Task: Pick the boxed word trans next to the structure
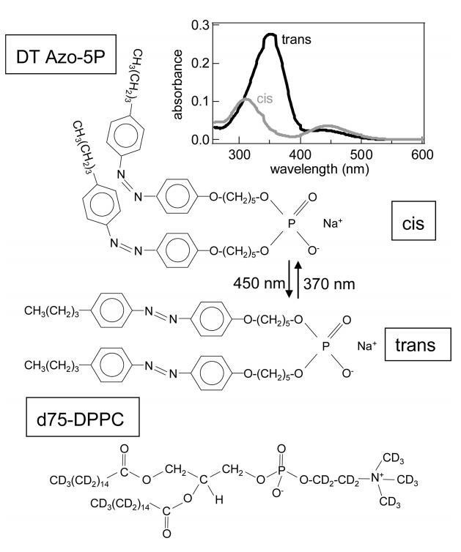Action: [x=414, y=344]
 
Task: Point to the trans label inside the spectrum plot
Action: [x=295, y=39]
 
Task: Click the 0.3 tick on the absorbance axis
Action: [x=198, y=26]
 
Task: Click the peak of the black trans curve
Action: [x=270, y=34]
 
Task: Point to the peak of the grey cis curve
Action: [x=247, y=99]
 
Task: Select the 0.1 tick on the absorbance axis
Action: [x=198, y=100]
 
